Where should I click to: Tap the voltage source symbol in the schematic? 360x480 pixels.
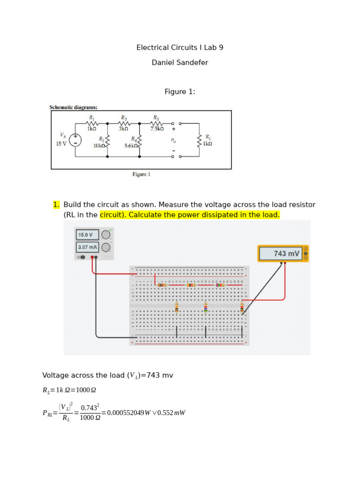tap(75, 140)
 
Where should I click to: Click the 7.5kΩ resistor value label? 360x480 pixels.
tap(157, 128)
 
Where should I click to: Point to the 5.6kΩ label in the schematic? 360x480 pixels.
tap(131, 146)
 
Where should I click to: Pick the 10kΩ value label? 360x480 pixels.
tap(99, 146)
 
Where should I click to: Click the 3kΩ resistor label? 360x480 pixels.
tap(124, 128)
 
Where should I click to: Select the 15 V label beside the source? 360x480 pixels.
tap(61, 144)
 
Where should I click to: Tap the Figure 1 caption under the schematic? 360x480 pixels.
tap(141, 174)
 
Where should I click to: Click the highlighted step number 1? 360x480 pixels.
tap(56, 205)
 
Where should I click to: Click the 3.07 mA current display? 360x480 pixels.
tap(87, 247)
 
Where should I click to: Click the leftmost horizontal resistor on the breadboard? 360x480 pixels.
tap(162, 285)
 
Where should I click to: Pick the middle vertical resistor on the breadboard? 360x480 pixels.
tap(205, 307)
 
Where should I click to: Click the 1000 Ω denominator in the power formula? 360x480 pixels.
tap(90, 418)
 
